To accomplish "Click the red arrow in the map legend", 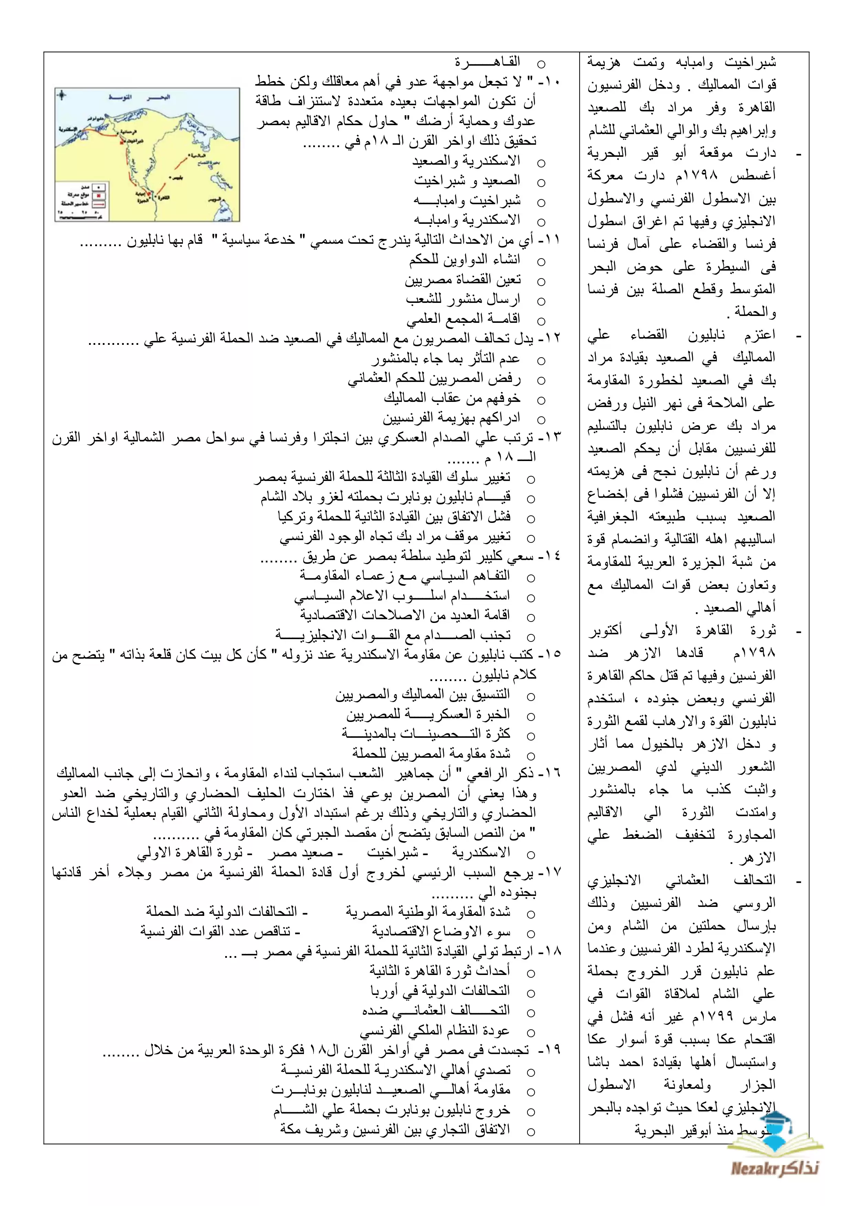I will [x=100, y=203].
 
